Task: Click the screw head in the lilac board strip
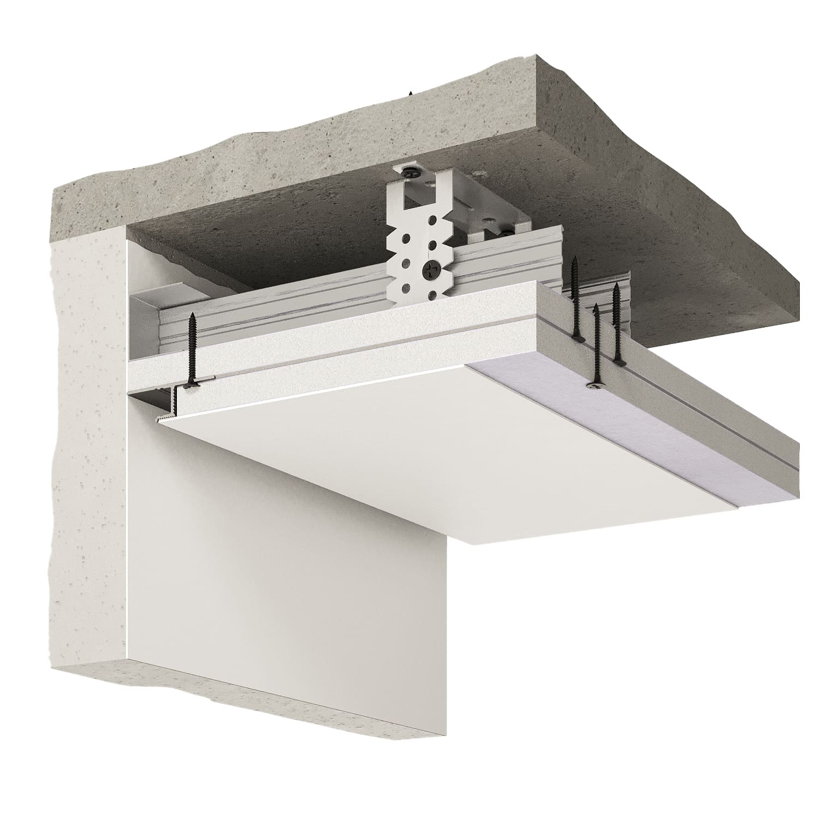[595, 386]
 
